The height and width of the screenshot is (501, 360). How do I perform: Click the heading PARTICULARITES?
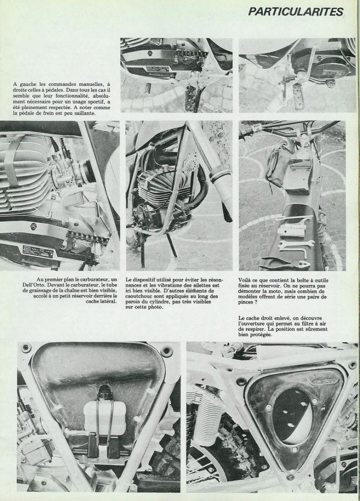click(x=296, y=11)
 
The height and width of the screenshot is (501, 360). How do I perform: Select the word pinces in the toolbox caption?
click(x=246, y=302)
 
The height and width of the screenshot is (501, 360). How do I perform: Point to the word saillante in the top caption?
click(x=85, y=113)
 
